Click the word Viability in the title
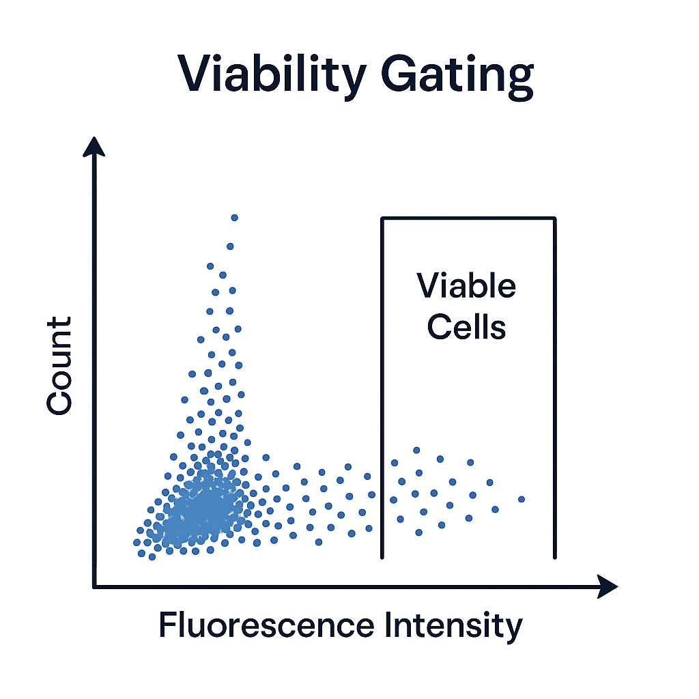coord(272,75)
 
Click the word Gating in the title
coord(457,76)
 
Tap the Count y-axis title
coord(59,366)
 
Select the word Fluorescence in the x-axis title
coord(267,625)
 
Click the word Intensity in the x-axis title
coord(453,627)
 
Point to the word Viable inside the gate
coord(466,285)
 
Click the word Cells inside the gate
coord(466,327)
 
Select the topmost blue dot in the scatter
coord(235,218)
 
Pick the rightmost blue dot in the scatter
coord(522,499)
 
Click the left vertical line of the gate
coord(382,388)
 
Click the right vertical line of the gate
coord(555,388)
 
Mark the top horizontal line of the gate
coord(468,218)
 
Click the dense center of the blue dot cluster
coord(201,511)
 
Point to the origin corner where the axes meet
coord(94,586)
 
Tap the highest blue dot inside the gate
coord(416,451)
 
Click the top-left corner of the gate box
coord(382,218)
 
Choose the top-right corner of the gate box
coord(555,218)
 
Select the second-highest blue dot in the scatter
coord(230,246)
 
